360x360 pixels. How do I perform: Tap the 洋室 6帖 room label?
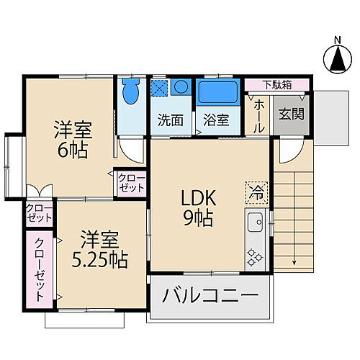click(x=73, y=139)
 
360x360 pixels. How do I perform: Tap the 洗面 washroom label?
click(x=171, y=120)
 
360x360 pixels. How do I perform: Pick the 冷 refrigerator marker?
click(x=256, y=190)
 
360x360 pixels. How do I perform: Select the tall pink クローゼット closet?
click(x=37, y=269)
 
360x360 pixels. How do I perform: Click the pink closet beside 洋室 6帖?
click(x=130, y=183)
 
